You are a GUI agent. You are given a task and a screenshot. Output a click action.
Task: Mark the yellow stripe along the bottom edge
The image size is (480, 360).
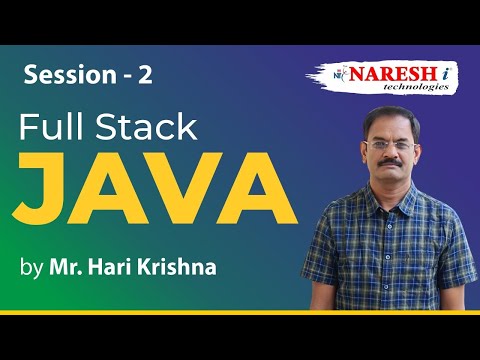point(240,313)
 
